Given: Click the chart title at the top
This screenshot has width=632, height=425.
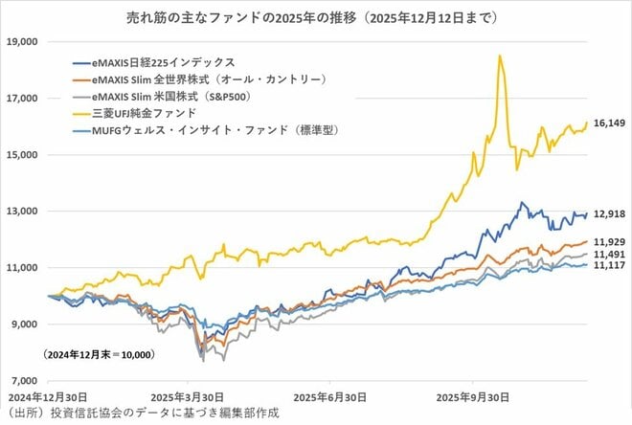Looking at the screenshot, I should tap(317, 17).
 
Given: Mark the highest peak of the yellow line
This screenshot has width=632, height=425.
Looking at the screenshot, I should tap(500, 56).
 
